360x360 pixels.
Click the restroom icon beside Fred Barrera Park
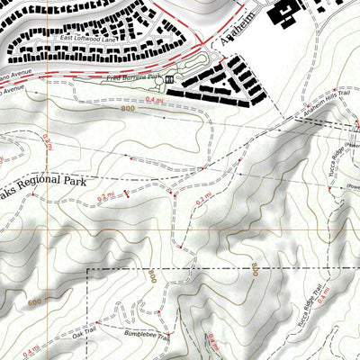pyautogui.click(x=169, y=81)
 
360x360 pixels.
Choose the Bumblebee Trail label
pyautogui.click(x=144, y=333)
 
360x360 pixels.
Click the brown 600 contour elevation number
pyautogui.click(x=36, y=303)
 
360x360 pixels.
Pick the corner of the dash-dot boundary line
pyautogui.click(x=87, y=268)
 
